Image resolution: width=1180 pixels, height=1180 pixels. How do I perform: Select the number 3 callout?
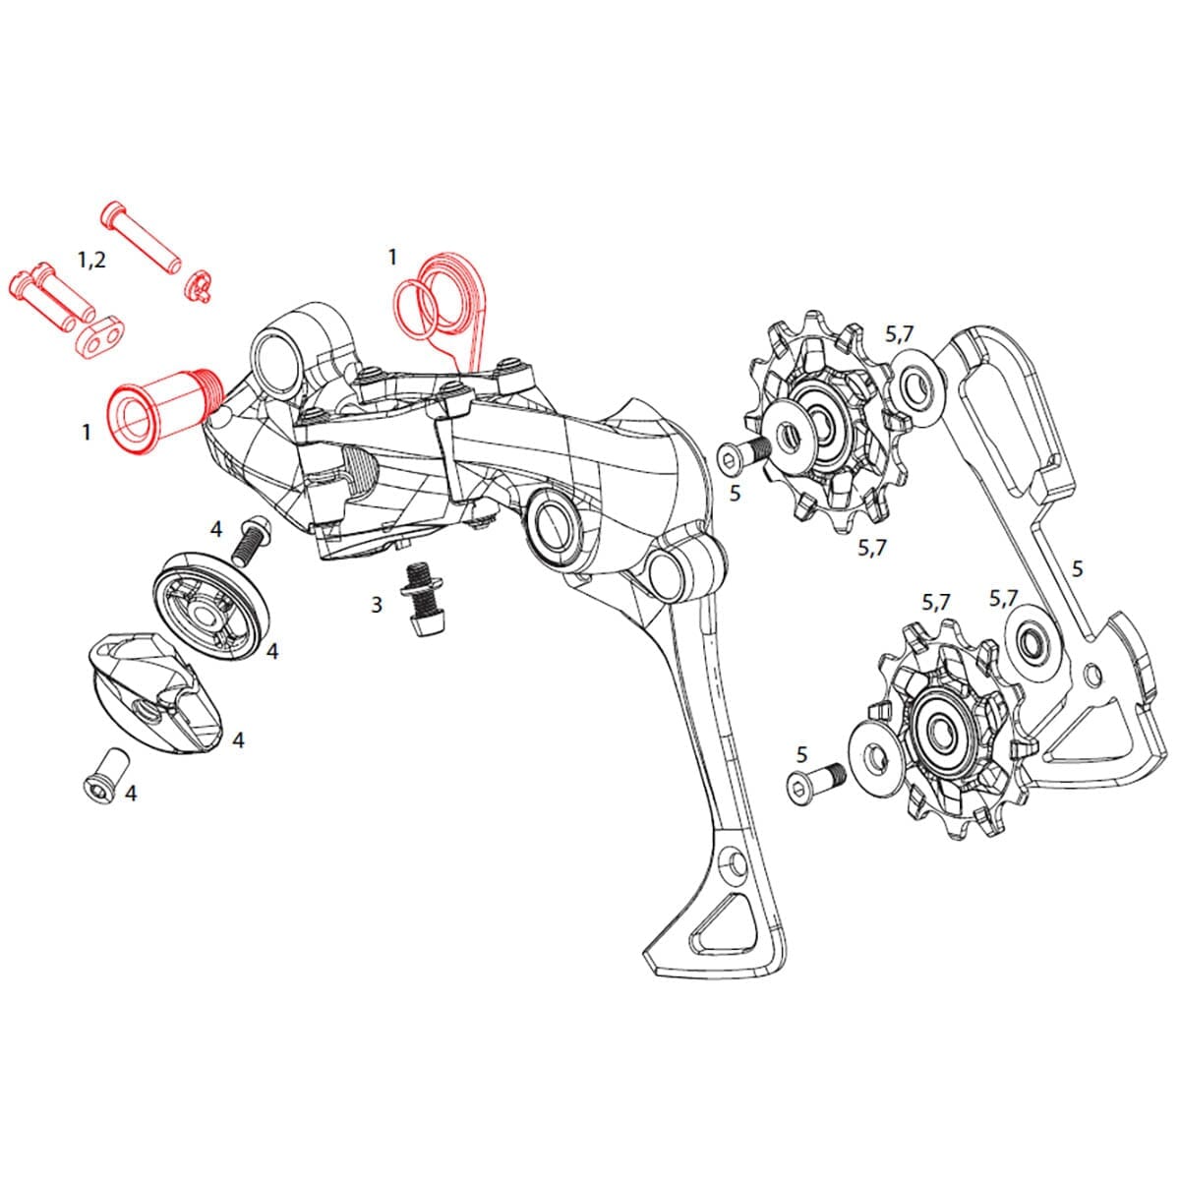[x=377, y=604]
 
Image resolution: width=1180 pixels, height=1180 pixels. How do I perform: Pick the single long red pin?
[x=141, y=234]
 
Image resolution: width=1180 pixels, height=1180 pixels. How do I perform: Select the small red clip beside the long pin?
[x=200, y=285]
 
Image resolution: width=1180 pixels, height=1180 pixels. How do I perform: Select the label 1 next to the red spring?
[x=392, y=258]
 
